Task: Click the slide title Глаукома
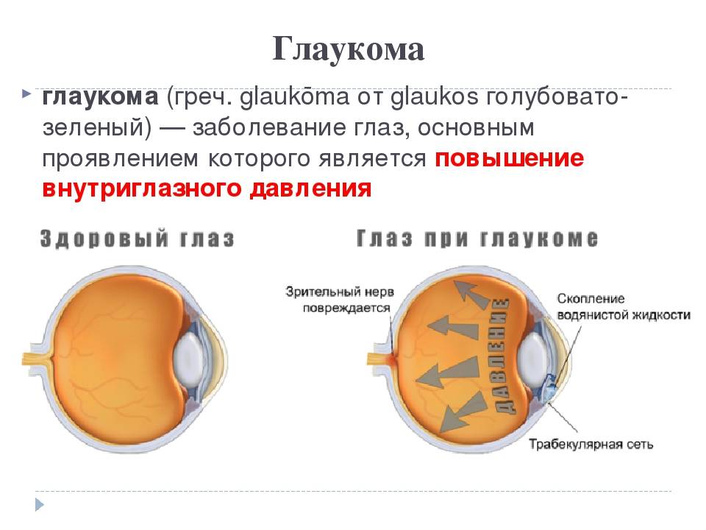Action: tap(348, 49)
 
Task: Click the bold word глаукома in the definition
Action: tap(101, 97)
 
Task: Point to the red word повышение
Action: tap(509, 159)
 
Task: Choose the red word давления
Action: tap(310, 188)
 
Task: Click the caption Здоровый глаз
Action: tap(138, 239)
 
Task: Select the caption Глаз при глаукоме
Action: tap(477, 238)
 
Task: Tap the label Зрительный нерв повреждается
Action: tap(340, 300)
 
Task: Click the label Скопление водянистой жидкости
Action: tap(624, 306)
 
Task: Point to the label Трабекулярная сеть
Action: tap(591, 445)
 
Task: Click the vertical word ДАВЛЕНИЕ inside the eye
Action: tap(502, 356)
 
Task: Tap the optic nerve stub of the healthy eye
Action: tap(38, 359)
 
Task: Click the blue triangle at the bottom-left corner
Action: tap(39, 504)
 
